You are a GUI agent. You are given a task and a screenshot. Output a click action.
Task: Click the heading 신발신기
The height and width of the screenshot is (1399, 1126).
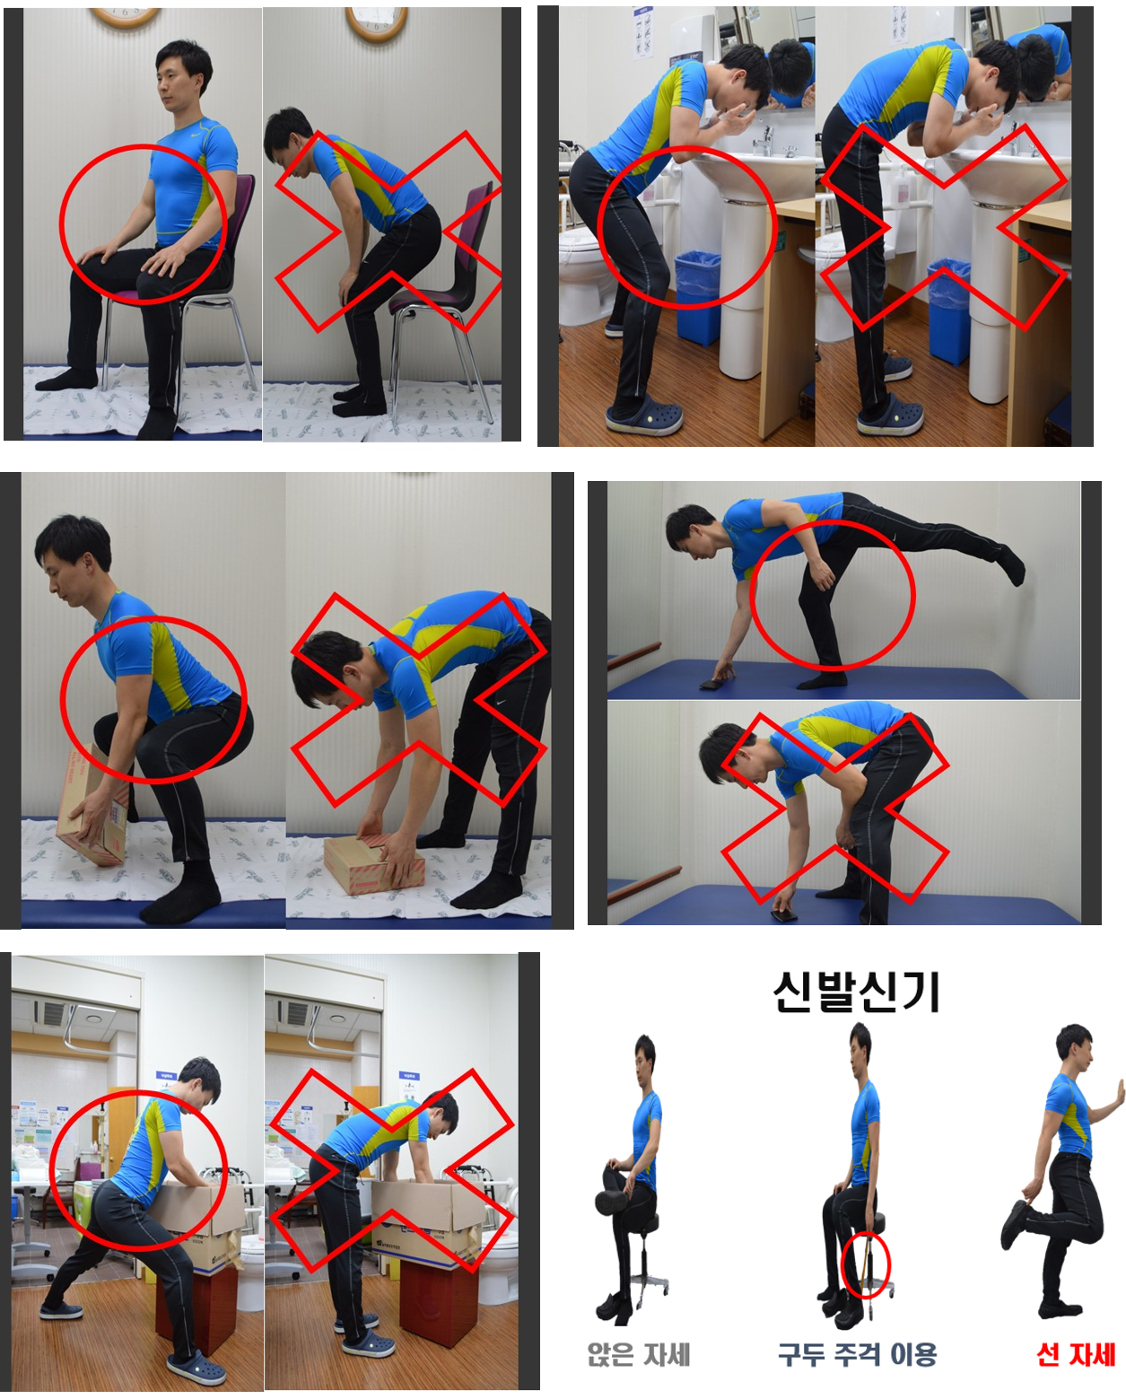pos(856,992)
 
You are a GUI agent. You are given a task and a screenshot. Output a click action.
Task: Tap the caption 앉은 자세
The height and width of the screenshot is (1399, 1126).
pos(639,1354)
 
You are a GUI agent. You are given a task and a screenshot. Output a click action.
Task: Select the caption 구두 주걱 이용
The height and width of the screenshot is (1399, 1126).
pos(858,1354)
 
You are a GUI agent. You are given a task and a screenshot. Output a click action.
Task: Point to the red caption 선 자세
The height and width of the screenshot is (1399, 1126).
pos(1076,1354)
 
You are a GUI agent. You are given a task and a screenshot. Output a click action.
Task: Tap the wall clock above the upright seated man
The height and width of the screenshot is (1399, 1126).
pos(125,17)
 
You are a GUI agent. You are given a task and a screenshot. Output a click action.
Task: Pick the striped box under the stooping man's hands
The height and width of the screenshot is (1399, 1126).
pos(373,866)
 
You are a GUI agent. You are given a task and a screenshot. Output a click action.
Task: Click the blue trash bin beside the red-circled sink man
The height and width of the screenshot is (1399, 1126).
pos(697,297)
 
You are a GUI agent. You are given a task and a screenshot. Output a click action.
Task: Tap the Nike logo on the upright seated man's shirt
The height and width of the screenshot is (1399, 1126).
pos(195,136)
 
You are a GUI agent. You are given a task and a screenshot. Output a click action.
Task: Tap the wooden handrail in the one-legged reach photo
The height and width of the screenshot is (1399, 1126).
pos(633,655)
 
